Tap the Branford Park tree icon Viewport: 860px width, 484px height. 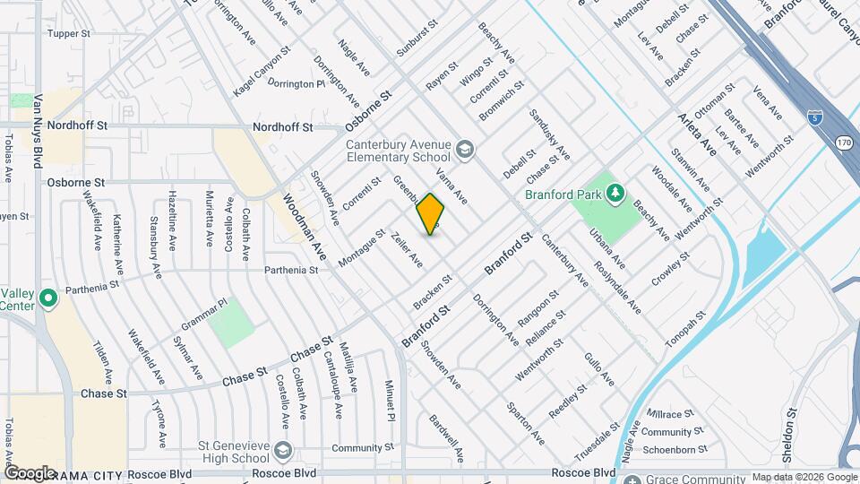pos(615,193)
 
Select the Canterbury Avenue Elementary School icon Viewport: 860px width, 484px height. pos(465,148)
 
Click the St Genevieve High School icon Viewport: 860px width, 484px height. pos(284,448)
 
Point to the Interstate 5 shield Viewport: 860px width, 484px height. pos(813,117)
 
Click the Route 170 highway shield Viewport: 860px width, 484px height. pos(844,143)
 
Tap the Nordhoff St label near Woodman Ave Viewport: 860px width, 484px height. pos(282,127)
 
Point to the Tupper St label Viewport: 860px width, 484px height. pos(70,34)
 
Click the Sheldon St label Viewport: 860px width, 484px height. pos(789,436)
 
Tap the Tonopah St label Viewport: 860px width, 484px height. pos(685,331)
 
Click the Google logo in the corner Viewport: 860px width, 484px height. pos(30,472)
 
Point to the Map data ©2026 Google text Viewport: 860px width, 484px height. pos(804,477)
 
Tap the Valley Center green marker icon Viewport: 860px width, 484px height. pos(48,297)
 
